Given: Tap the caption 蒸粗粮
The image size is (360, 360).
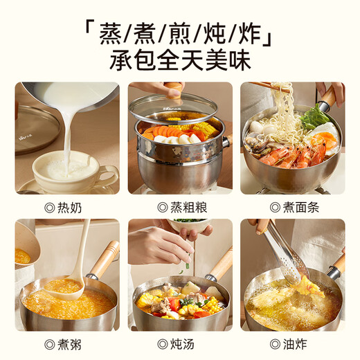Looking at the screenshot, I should point(181,206).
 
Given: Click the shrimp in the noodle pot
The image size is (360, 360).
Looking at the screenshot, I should point(284,156).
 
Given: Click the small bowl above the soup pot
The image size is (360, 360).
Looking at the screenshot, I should point(190,225).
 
